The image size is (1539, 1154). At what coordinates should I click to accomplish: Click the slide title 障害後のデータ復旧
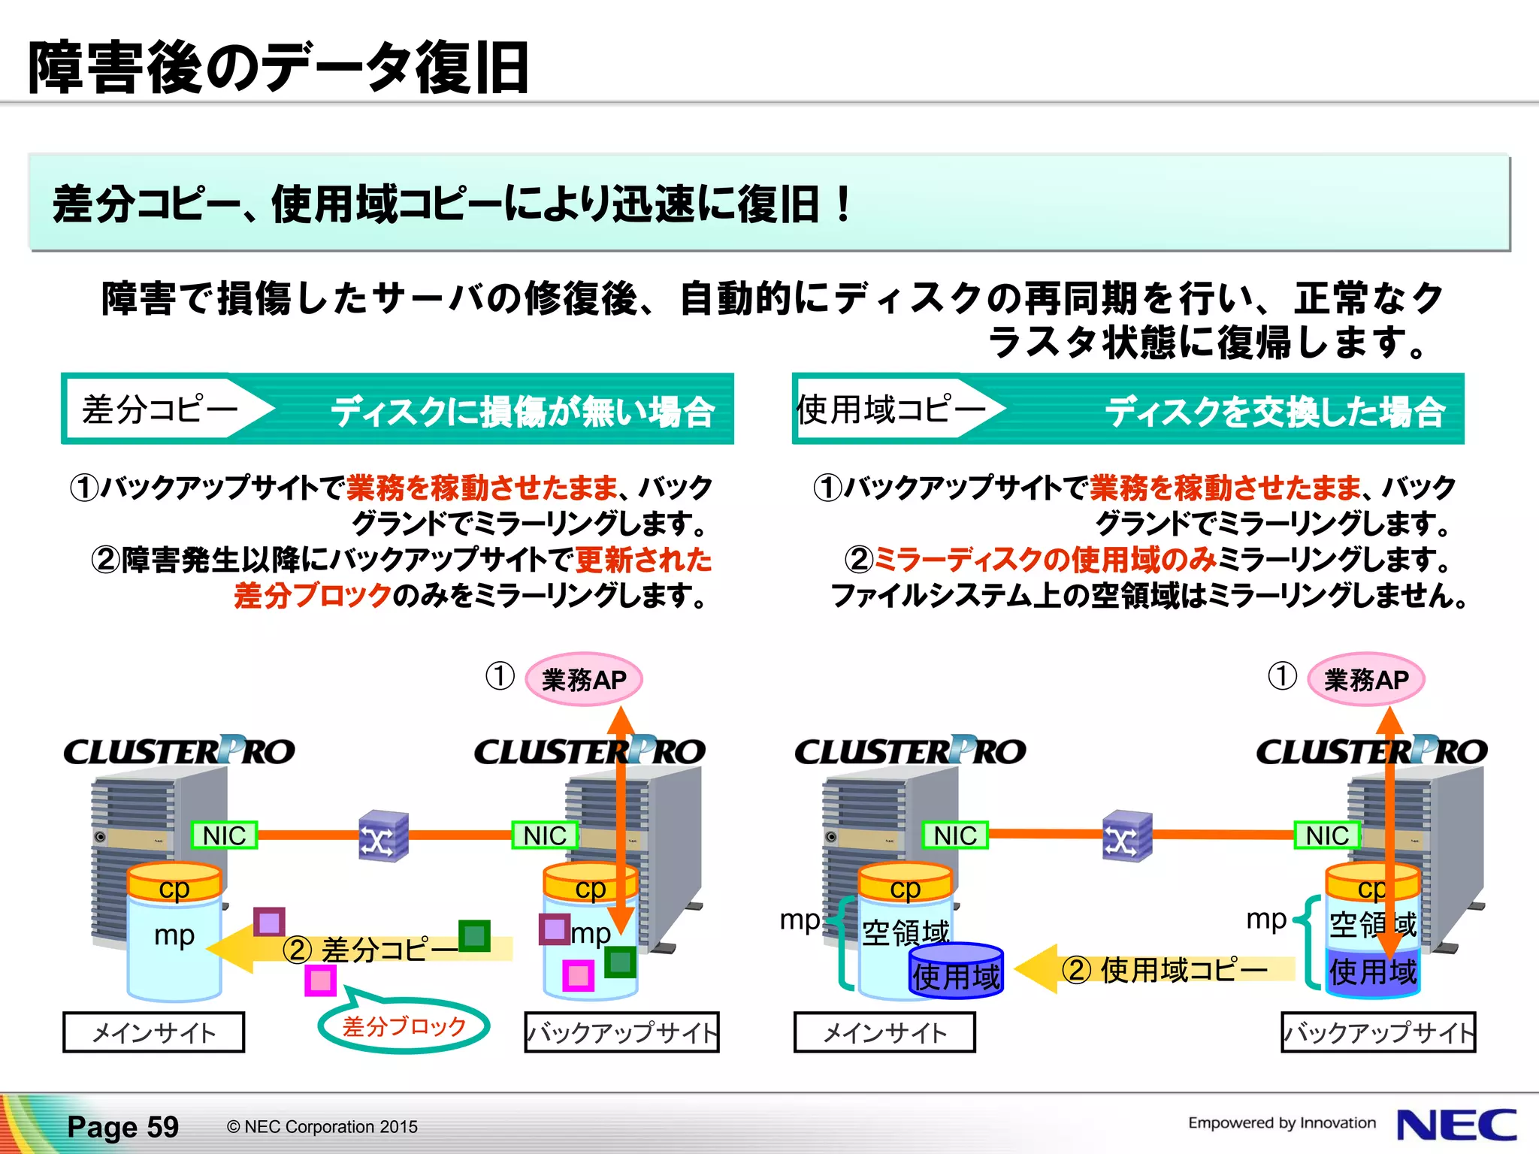[278, 68]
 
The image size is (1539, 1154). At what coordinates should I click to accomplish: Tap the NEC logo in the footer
[1456, 1125]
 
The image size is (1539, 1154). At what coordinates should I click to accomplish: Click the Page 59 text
[122, 1126]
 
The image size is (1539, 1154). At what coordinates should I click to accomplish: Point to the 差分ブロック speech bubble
[404, 1026]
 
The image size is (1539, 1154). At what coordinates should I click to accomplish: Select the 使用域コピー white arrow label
[890, 409]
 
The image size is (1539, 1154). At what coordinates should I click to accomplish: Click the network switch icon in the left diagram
[383, 835]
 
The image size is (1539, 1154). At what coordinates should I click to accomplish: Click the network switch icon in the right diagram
[1126, 835]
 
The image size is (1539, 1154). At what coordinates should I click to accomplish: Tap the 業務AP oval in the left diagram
[583, 679]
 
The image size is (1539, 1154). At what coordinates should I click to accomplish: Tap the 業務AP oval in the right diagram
[1365, 679]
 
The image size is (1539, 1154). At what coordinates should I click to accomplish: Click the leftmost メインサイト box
[153, 1032]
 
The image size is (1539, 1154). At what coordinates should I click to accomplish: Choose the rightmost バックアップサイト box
[1377, 1032]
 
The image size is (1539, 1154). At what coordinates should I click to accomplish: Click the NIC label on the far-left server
[224, 835]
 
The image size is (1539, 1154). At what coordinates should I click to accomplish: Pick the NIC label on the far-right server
[1326, 835]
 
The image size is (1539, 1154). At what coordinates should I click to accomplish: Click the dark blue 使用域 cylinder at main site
[956, 972]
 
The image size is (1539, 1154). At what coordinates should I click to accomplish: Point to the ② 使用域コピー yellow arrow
[1157, 969]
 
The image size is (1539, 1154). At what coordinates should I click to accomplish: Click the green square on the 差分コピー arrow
[474, 936]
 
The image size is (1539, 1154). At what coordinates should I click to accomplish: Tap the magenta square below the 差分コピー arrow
[320, 980]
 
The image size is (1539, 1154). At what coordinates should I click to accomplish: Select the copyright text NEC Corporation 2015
[322, 1127]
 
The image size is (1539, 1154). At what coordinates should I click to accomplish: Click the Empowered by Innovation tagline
[1281, 1122]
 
